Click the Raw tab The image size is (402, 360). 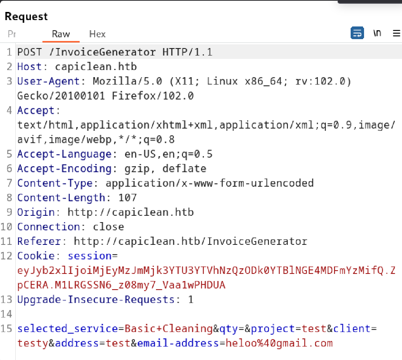(x=61, y=34)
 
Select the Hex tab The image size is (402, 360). (x=98, y=34)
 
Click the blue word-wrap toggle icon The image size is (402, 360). (x=357, y=33)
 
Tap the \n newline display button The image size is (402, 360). (x=377, y=33)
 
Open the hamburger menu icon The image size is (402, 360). (x=397, y=33)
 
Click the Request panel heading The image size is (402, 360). (x=26, y=16)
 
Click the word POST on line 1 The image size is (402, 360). (x=29, y=52)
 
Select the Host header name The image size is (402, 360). (x=29, y=67)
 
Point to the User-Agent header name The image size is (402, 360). (x=48, y=81)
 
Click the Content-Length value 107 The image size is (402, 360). (x=128, y=198)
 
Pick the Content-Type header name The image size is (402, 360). (x=55, y=183)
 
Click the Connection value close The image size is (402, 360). (x=108, y=227)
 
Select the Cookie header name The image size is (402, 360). (x=36, y=256)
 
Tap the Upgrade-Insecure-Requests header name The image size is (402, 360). (x=96, y=300)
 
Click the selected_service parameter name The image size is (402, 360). (x=67, y=329)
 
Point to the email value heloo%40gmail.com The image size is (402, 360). (x=279, y=343)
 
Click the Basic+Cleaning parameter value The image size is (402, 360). (x=169, y=329)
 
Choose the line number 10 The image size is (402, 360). (x=6, y=227)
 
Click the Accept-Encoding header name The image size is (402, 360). (x=64, y=169)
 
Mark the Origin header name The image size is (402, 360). (x=36, y=212)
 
